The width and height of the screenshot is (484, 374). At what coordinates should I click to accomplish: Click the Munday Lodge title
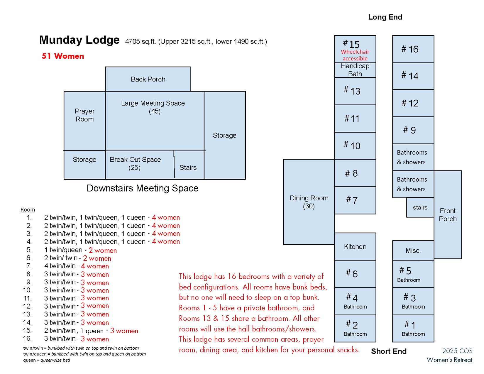coord(79,40)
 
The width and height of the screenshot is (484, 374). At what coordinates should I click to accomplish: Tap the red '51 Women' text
coord(63,56)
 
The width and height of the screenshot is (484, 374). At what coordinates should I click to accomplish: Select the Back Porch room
coord(148,79)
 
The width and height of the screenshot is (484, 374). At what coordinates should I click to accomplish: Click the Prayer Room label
coord(84,115)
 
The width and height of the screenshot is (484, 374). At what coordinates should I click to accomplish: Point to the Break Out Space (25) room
coord(135,164)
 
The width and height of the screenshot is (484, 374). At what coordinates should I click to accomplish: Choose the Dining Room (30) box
coord(309,202)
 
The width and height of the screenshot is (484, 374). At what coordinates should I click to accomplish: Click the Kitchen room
coord(355,247)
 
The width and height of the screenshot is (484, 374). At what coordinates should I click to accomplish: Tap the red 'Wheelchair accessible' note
coord(355,55)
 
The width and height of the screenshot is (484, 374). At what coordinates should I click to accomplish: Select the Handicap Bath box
coord(355,70)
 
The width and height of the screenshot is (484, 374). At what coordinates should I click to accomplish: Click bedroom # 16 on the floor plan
coord(413,49)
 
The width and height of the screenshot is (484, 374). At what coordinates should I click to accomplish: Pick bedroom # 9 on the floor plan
coord(413,130)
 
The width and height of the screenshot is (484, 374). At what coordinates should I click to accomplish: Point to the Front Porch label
coord(448,215)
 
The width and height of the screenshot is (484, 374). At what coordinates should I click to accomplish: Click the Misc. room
coord(413,251)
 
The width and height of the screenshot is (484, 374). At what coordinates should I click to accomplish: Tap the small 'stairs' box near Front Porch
coord(420,207)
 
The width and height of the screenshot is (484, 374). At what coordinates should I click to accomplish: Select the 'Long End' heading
coord(385,17)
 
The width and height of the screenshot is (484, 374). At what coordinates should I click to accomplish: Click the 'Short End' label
coord(389,351)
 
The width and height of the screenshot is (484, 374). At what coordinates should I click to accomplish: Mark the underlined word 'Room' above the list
coord(28,210)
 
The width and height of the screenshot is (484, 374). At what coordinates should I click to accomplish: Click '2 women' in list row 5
coord(103,250)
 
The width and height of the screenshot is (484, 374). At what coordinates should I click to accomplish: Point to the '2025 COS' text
coord(457,351)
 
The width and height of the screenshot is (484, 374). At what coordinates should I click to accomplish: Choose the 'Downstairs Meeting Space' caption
coord(143,188)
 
